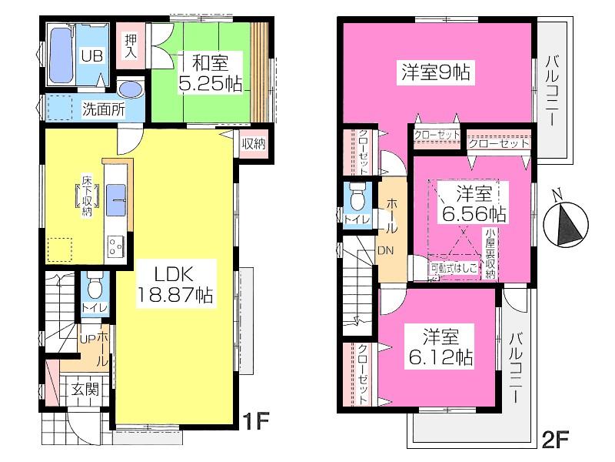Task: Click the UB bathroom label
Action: (91, 55)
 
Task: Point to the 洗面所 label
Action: (102, 109)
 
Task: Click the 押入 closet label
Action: (131, 47)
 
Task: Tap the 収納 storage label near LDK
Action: (253, 143)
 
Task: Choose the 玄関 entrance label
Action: (85, 389)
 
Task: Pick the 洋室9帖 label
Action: (435, 72)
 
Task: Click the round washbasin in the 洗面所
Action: (131, 89)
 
